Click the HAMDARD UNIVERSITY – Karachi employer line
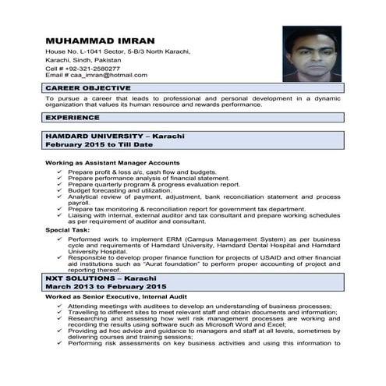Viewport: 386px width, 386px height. click(110, 136)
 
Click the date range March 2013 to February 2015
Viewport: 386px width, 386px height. click(105, 287)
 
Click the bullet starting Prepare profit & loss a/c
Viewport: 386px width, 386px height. click(141, 171)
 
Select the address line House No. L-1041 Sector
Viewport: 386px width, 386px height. click(117, 51)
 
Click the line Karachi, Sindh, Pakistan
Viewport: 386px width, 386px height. click(83, 59)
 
